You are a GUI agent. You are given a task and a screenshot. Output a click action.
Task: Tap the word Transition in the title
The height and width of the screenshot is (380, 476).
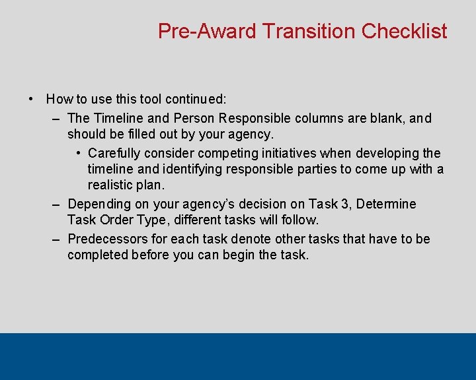[311, 31]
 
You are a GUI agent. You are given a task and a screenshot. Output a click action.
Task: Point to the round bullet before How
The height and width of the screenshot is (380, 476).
[31, 100]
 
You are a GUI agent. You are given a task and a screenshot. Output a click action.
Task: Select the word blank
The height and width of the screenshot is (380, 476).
[388, 119]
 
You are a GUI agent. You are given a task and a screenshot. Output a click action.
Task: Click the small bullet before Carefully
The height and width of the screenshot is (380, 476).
[78, 153]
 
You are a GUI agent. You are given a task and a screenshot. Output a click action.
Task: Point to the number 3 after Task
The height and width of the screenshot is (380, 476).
[338, 204]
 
